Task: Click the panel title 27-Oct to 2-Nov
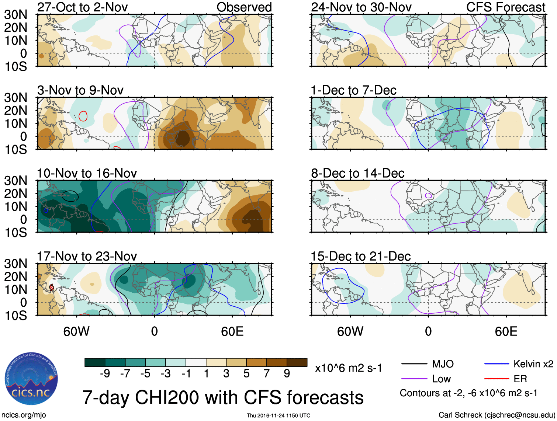click(x=82, y=7)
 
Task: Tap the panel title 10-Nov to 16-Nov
click(x=87, y=173)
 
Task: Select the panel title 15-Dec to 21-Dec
click(x=360, y=256)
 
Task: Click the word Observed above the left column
click(x=244, y=7)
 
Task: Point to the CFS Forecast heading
click(x=505, y=7)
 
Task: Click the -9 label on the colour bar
click(x=105, y=373)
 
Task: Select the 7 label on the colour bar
click(x=266, y=373)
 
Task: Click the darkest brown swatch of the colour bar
click(x=297, y=362)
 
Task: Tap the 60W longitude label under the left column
click(x=76, y=331)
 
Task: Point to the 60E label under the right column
click(x=506, y=331)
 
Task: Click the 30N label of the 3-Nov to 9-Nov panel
click(x=16, y=98)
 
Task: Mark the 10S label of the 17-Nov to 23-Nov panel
click(x=16, y=316)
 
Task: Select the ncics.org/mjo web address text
click(x=24, y=415)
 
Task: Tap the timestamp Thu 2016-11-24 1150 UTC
click(x=278, y=415)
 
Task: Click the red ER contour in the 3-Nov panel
click(x=83, y=116)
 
